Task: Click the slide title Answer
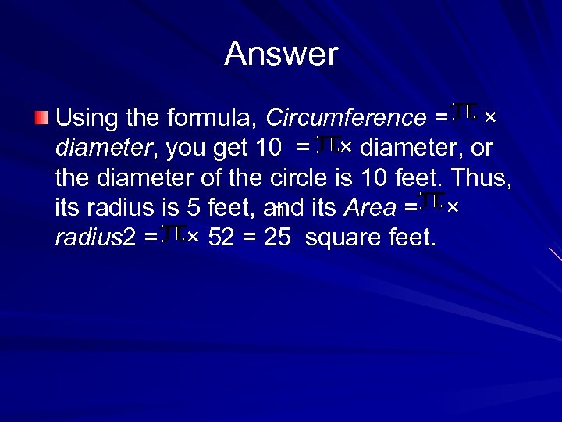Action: point(281,55)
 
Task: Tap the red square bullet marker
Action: point(41,119)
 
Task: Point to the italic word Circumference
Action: point(345,119)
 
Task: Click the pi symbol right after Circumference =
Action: point(464,113)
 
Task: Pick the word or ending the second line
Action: point(480,148)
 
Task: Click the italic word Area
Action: point(370,207)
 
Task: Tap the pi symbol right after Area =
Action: point(431,202)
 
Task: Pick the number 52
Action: point(223,237)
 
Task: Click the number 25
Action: point(277,237)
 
